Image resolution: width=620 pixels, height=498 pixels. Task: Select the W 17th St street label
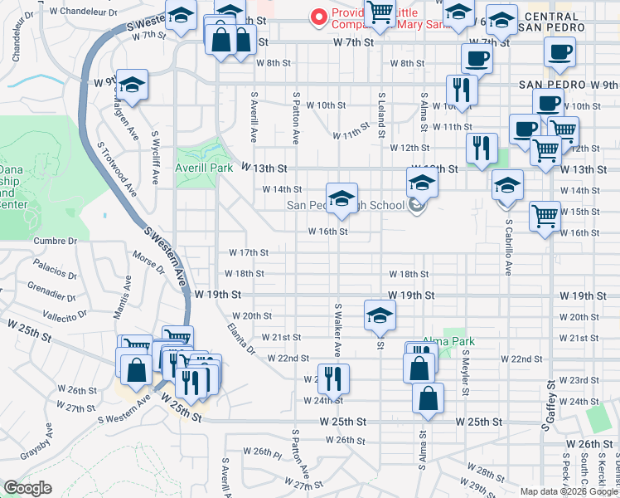(249, 252)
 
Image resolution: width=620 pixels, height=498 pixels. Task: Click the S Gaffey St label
(548, 405)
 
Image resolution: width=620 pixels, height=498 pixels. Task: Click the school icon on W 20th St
(380, 315)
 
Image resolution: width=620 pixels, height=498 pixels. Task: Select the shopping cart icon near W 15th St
(545, 216)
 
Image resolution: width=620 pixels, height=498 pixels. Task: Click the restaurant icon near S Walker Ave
(333, 378)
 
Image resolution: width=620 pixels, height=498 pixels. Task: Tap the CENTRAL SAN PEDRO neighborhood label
(552, 22)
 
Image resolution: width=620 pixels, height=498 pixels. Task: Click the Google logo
(27, 488)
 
